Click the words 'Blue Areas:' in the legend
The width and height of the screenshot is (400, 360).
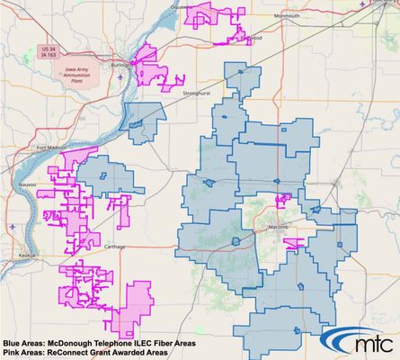click(22, 343)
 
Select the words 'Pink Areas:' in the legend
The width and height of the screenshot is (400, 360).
click(22, 352)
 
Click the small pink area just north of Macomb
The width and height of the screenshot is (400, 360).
click(283, 199)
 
